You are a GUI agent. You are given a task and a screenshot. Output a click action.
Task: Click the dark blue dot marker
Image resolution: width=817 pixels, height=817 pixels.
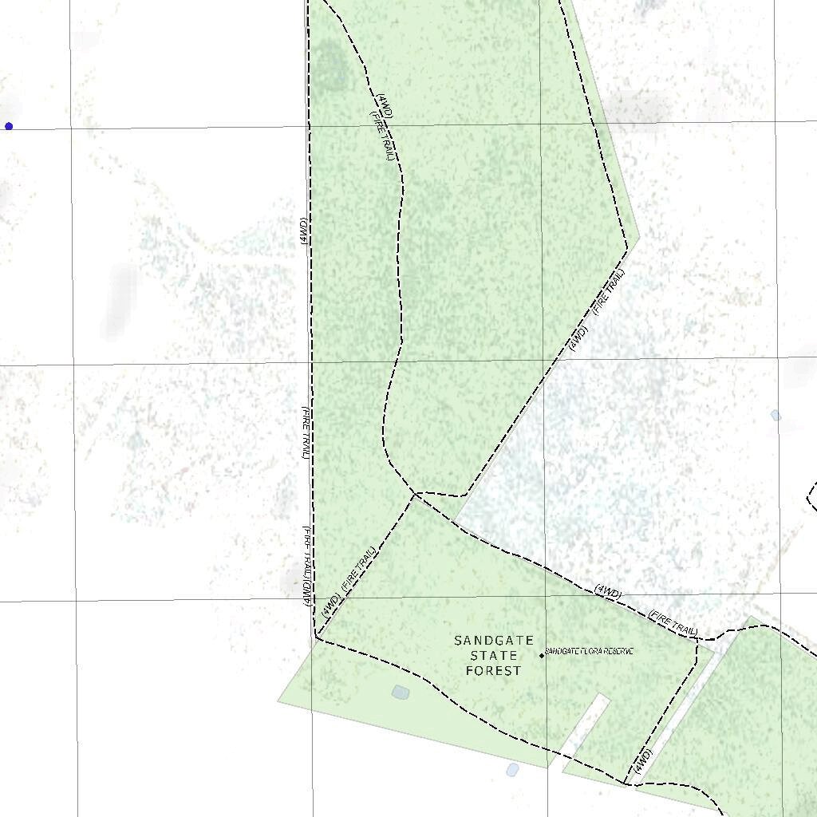click(x=9, y=126)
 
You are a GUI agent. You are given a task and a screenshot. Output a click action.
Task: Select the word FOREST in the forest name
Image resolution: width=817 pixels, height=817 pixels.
click(x=494, y=671)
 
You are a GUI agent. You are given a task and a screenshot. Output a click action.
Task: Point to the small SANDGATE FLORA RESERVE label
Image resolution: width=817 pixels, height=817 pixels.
click(x=590, y=652)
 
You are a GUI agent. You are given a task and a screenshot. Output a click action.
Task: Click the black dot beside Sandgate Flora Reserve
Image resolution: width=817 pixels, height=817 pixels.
click(x=542, y=656)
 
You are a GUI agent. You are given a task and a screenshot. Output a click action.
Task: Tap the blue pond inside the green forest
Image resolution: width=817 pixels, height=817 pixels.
click(x=401, y=692)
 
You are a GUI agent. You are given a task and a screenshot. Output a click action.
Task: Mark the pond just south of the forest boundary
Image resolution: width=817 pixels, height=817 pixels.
click(x=512, y=769)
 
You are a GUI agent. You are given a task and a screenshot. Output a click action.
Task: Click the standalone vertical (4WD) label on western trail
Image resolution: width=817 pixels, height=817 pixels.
click(x=304, y=231)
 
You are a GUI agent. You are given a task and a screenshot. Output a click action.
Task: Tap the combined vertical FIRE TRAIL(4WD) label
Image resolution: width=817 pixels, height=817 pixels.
click(x=306, y=565)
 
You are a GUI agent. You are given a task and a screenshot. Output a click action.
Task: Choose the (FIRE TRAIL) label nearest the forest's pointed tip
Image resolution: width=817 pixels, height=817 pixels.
click(x=609, y=290)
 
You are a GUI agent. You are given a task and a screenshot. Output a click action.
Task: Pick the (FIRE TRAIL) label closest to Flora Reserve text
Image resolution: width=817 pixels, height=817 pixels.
click(x=673, y=622)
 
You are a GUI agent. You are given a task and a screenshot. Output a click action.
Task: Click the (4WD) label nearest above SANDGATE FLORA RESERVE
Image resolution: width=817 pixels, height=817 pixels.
click(x=608, y=592)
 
